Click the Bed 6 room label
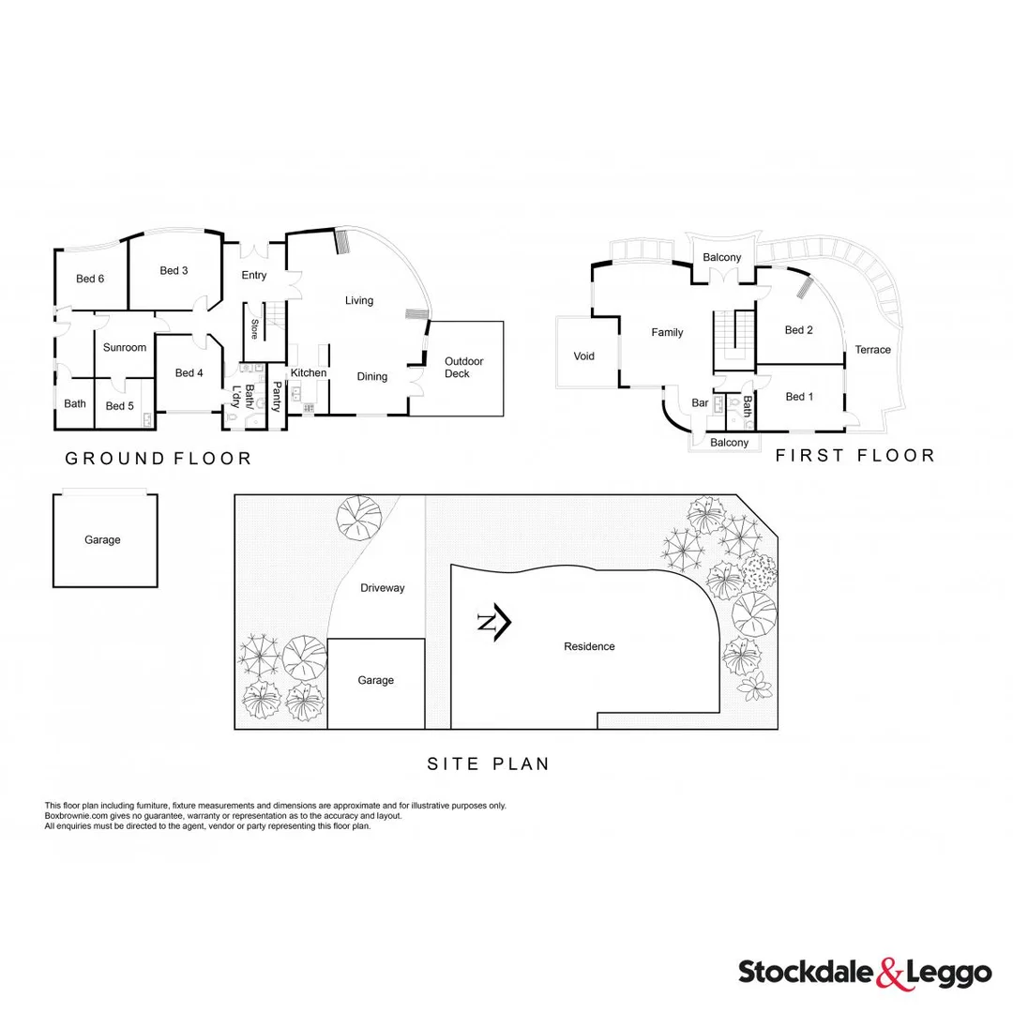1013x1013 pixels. [x=90, y=279]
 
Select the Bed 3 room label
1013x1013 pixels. [x=174, y=271]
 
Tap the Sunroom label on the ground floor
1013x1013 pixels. [x=125, y=347]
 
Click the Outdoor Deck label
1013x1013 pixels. [x=463, y=368]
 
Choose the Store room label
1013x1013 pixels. [x=254, y=330]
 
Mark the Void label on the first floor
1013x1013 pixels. [x=583, y=356]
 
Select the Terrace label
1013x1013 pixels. [x=872, y=350]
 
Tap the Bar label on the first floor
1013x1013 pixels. [x=699, y=403]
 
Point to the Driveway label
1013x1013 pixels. [x=383, y=588]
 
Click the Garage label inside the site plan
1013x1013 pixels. [x=375, y=680]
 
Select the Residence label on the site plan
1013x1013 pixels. [x=589, y=646]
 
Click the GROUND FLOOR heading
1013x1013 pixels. [x=158, y=459]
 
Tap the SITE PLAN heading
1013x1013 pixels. [x=488, y=764]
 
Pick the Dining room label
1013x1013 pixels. [x=372, y=377]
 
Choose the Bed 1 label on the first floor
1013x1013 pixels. [x=798, y=397]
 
